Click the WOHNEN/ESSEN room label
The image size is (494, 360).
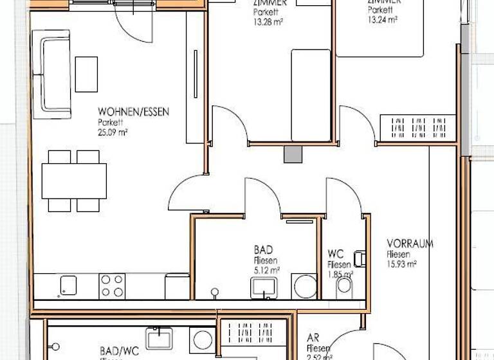[134, 112]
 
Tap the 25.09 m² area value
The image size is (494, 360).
[113, 133]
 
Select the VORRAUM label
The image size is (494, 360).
[410, 244]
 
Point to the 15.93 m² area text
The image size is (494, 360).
[402, 264]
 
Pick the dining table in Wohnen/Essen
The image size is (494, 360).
[74, 181]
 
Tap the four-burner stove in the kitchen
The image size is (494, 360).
[112, 285]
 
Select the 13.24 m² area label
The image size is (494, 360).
[383, 19]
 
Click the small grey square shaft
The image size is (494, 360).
[293, 155]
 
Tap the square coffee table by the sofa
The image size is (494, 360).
[86, 75]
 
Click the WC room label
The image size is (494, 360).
[334, 254]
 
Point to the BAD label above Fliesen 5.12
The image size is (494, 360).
[264, 249]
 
